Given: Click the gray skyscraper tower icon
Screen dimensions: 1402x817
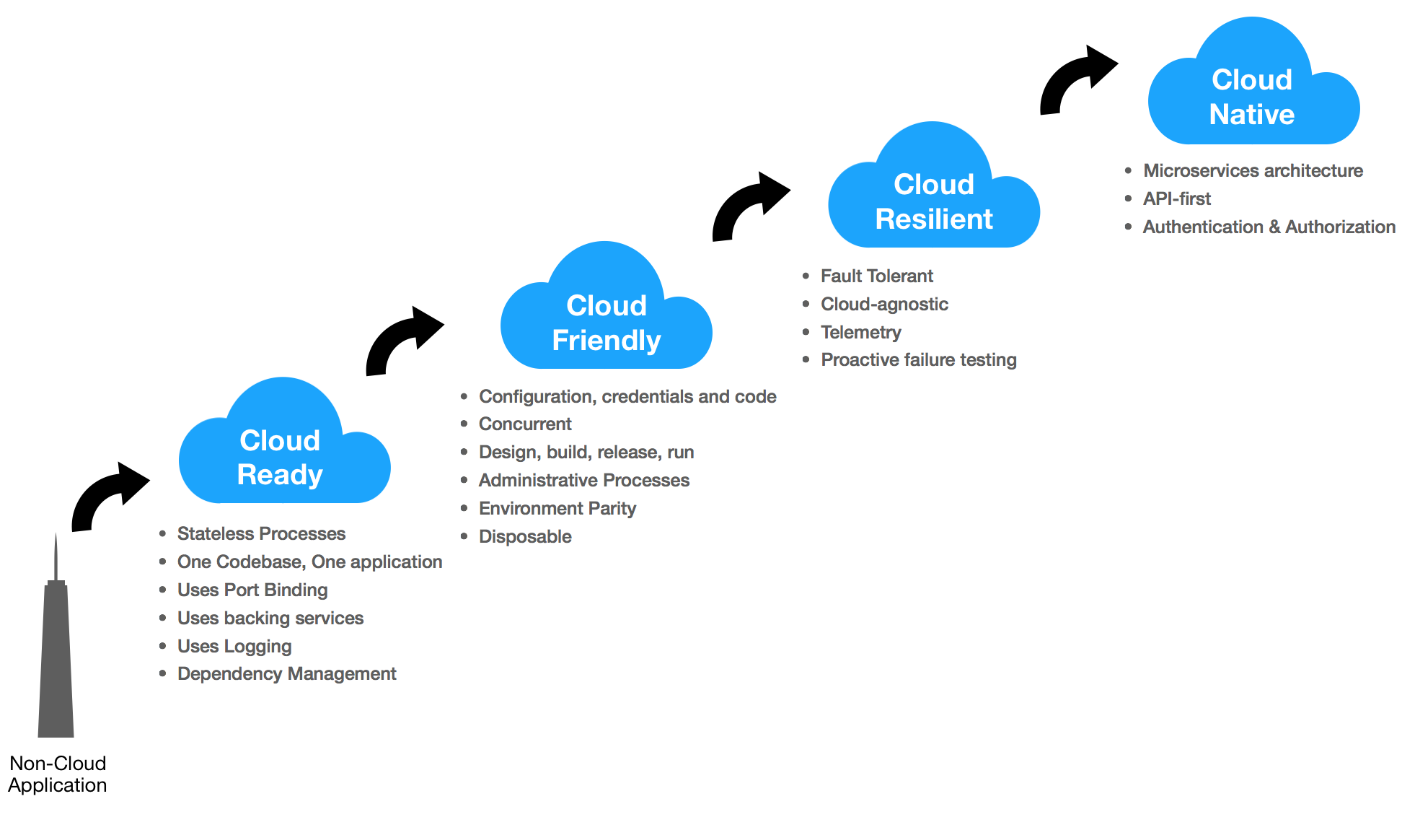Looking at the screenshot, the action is (x=56, y=650).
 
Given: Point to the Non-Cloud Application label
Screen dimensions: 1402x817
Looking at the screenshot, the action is (x=58, y=774).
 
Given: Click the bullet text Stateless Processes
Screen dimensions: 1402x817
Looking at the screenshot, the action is (x=261, y=533).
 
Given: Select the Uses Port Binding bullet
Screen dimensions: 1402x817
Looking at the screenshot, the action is (x=252, y=590).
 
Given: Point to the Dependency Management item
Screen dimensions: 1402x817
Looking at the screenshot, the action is (x=286, y=673).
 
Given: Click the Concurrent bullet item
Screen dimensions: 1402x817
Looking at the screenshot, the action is (x=525, y=424).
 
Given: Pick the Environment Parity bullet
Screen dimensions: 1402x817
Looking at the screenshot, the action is (x=557, y=508).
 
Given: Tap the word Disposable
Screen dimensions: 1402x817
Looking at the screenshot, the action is (x=525, y=536).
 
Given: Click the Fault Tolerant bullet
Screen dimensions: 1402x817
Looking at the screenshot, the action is (x=876, y=276).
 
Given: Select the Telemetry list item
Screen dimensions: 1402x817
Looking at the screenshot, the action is (x=861, y=332).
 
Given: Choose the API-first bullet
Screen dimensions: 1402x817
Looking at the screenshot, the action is (x=1177, y=198).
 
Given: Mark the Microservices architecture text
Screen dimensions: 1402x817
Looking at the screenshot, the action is (x=1253, y=170).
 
